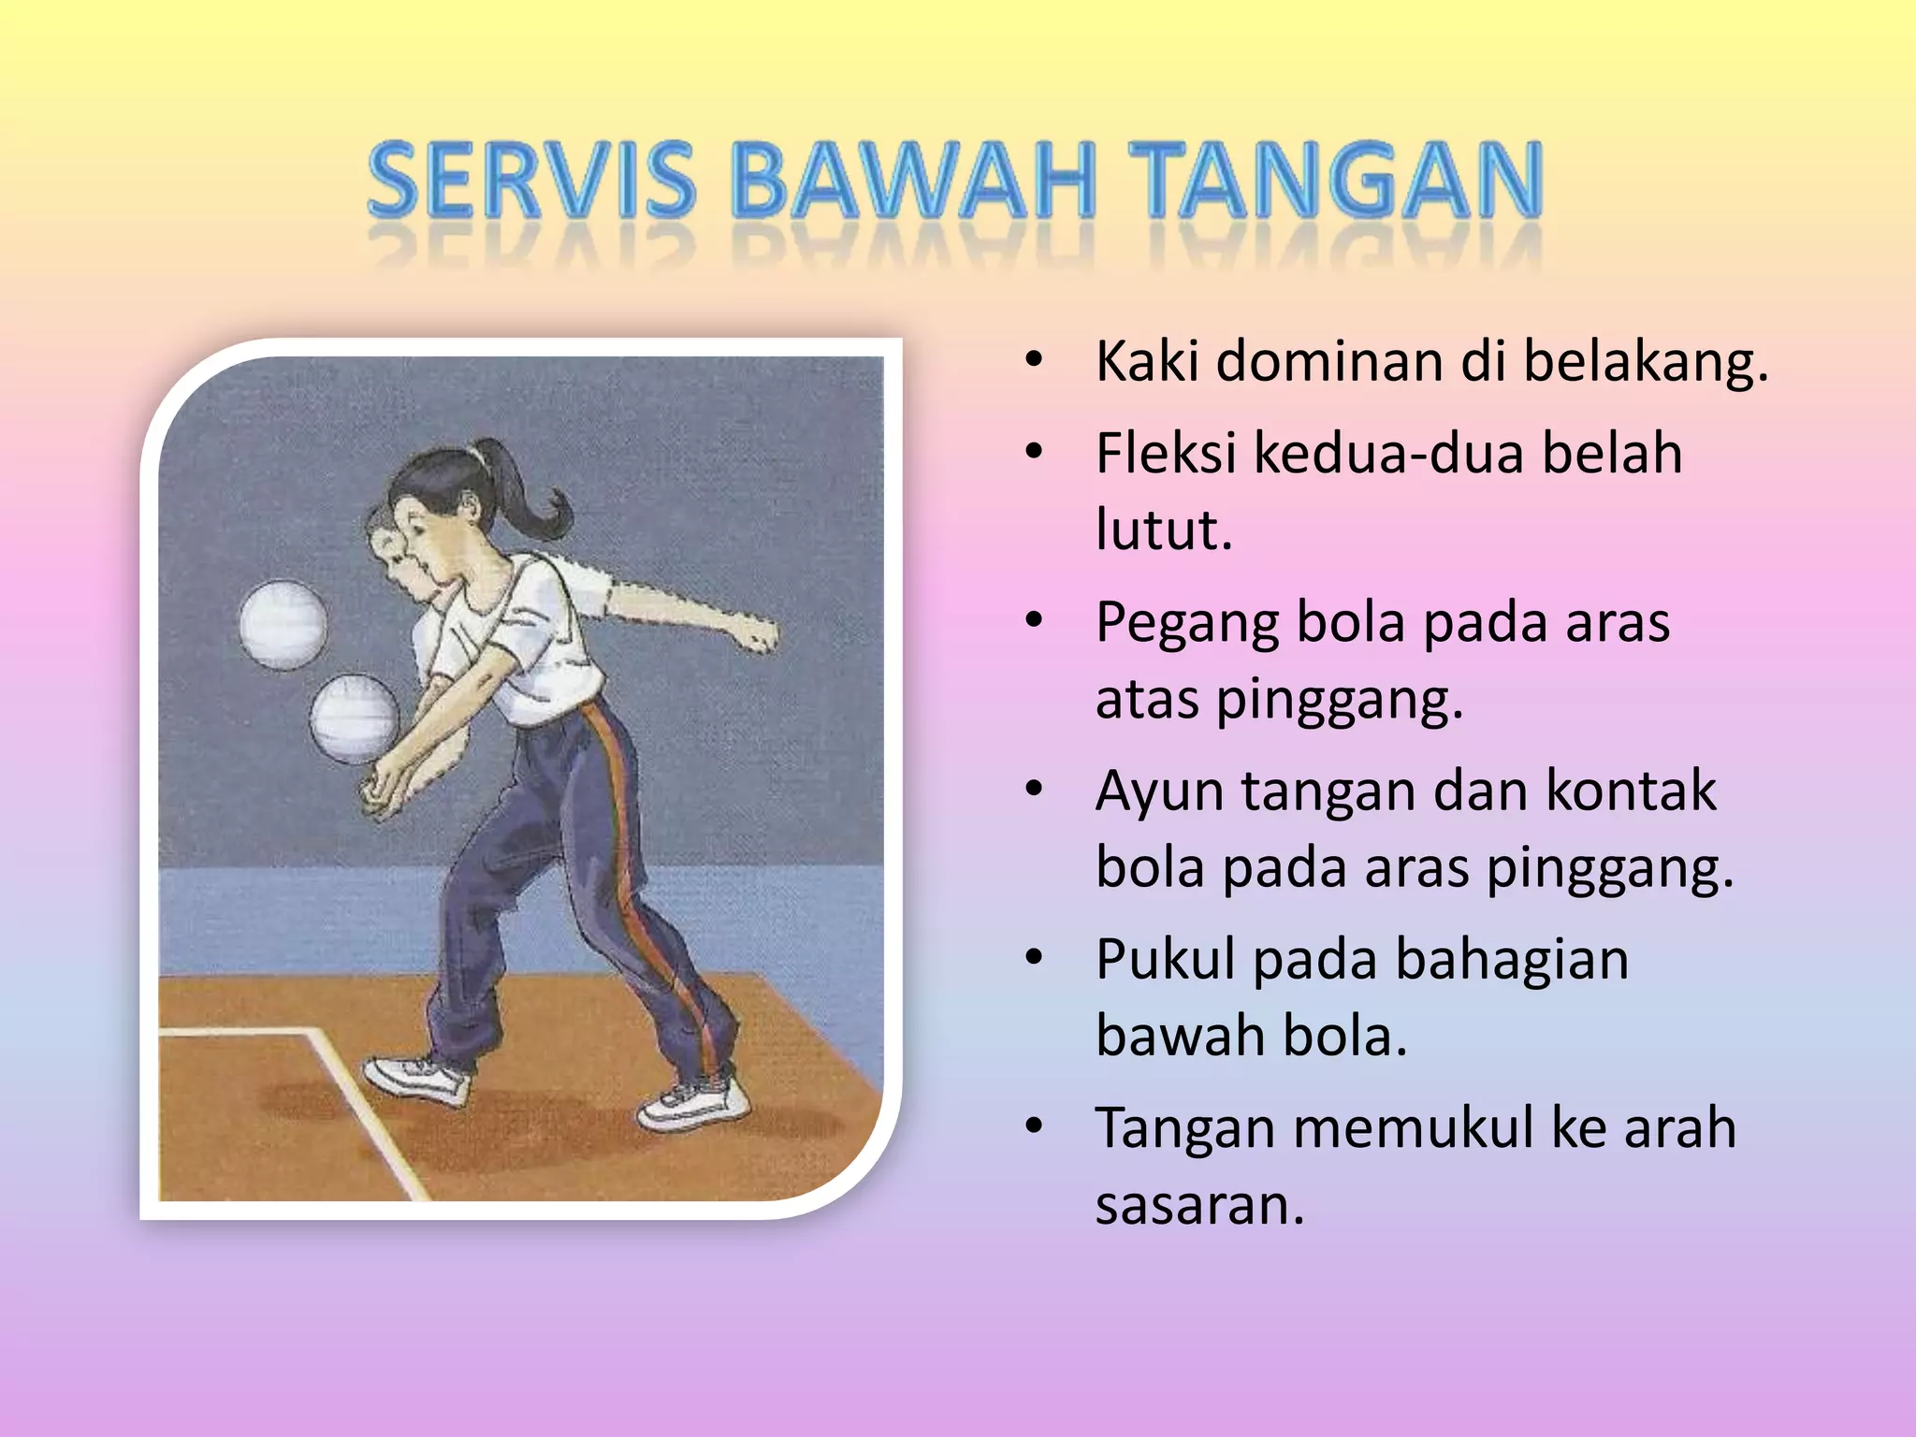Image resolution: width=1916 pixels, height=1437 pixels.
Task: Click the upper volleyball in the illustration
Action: point(283,625)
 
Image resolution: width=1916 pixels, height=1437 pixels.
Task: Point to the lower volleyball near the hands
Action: point(355,718)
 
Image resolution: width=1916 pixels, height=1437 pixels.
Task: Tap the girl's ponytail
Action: point(538,501)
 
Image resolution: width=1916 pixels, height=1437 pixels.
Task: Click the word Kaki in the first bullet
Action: point(1146,361)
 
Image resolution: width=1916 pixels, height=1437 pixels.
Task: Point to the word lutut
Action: point(1163,530)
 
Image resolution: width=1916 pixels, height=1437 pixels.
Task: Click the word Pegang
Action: point(1187,625)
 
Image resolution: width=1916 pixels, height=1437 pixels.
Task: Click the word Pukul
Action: point(1165,960)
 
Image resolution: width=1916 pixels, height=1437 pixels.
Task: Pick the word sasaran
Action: point(1198,1205)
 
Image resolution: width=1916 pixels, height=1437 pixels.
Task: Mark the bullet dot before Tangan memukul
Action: point(1033,1126)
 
